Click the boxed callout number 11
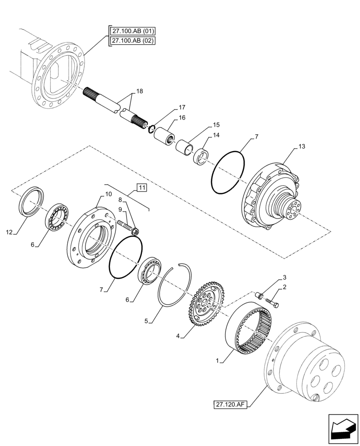(141, 188)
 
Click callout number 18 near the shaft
(139, 91)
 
